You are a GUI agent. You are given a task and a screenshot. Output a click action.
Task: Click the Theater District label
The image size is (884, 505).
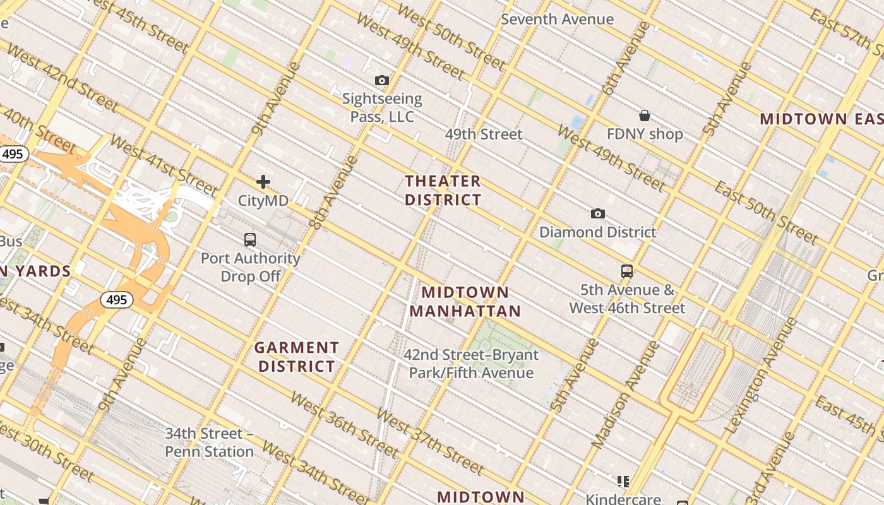tap(443, 191)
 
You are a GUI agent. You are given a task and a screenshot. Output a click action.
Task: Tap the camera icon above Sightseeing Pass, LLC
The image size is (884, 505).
tap(382, 80)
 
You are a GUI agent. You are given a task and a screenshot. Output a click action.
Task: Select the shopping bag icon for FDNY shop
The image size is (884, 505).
tap(645, 116)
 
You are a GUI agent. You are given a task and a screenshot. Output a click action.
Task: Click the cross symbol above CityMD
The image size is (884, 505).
tap(263, 182)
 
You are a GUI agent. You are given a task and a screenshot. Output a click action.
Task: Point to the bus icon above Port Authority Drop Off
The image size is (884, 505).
tap(250, 240)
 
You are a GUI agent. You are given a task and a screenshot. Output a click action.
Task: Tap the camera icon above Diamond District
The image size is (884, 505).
tap(597, 213)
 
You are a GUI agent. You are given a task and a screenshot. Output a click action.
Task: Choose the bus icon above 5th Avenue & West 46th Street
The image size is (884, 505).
tap(626, 271)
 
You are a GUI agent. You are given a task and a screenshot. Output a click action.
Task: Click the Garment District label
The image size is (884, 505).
tap(297, 357)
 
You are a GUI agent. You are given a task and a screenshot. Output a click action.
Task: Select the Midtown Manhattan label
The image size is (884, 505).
tap(465, 302)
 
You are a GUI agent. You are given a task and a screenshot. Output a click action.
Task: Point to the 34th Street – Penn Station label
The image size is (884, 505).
tap(210, 443)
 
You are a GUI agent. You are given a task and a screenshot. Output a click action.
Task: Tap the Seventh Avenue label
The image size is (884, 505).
tap(557, 19)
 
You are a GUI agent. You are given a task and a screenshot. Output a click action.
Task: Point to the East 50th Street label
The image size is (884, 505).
tap(767, 213)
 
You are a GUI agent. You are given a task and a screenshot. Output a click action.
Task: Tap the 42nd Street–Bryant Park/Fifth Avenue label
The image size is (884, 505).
tap(471, 364)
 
